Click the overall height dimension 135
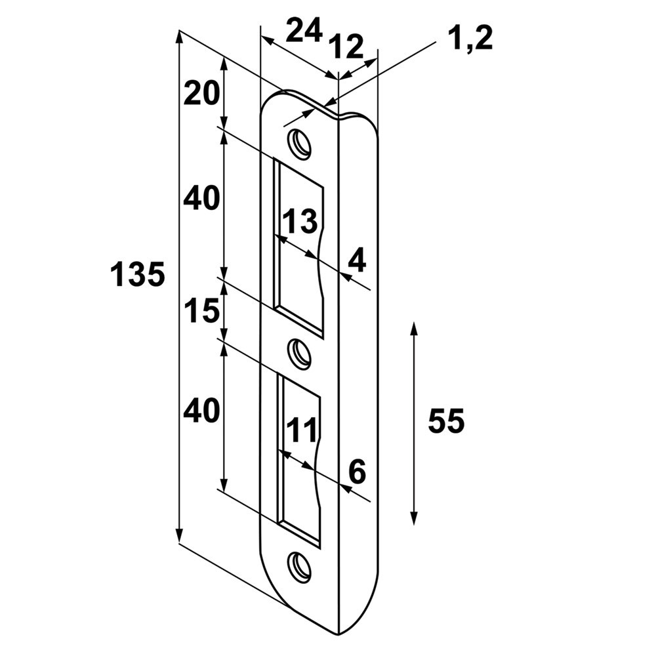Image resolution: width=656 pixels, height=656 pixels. point(138,274)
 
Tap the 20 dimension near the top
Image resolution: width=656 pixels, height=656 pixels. point(201,93)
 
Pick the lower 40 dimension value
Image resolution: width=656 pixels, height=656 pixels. point(201,410)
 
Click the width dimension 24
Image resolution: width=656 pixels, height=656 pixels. point(304,30)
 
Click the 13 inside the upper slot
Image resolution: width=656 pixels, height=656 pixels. point(300,221)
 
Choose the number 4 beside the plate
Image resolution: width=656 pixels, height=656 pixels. point(357,259)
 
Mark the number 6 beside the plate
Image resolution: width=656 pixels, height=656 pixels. point(357,472)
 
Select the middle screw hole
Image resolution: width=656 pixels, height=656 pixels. point(300,354)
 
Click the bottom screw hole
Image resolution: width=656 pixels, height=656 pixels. point(300,566)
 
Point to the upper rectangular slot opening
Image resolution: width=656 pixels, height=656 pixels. point(298,247)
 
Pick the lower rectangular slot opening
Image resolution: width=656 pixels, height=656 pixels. point(298,459)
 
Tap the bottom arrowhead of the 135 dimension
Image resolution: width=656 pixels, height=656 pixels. point(179,535)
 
